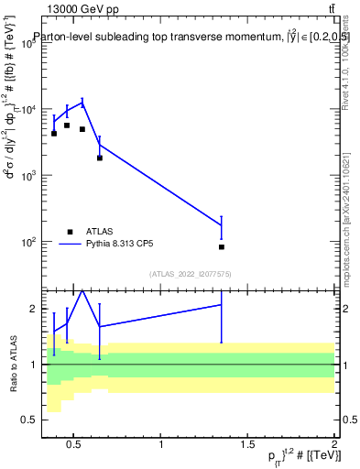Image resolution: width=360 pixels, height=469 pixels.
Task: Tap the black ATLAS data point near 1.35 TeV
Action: (x=222, y=247)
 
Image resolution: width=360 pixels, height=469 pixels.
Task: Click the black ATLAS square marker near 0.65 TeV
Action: (x=100, y=158)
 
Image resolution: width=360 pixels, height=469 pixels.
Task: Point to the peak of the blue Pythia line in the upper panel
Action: (x=82, y=102)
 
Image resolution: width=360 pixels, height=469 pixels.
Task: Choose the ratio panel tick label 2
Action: (x=32, y=309)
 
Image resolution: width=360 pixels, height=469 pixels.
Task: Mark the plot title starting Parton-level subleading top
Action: (x=183, y=38)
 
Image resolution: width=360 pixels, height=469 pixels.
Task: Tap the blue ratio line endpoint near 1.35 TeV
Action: (x=222, y=304)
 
